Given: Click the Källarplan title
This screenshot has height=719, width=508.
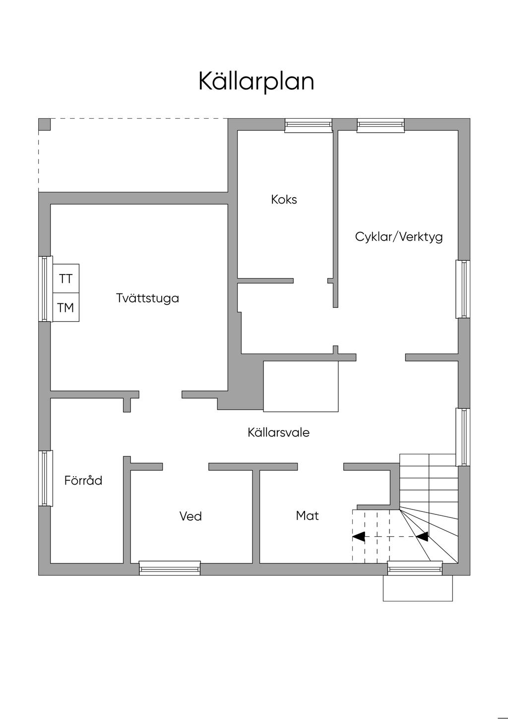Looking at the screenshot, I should [x=256, y=81].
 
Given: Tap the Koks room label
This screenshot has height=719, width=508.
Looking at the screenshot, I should [x=284, y=200].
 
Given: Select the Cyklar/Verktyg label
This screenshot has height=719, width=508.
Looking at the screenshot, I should [x=399, y=236].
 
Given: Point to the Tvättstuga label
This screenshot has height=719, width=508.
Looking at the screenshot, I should [x=147, y=298].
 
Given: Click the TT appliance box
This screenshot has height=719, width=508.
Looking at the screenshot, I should [x=66, y=279].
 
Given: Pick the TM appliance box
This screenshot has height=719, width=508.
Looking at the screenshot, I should [x=66, y=308].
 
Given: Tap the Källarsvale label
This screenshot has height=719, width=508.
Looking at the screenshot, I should [x=278, y=432].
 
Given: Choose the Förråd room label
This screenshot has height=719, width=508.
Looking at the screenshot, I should [x=83, y=481].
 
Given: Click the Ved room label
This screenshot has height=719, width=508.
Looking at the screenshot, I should [x=190, y=516].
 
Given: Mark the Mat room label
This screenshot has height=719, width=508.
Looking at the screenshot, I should [x=307, y=516].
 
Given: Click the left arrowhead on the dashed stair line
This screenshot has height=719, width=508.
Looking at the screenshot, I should [x=358, y=536].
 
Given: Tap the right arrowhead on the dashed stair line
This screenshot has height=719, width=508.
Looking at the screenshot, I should [x=423, y=536].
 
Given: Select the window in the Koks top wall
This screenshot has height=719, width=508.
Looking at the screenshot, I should [x=308, y=126].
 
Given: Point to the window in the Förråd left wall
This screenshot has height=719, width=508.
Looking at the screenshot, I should [x=46, y=478].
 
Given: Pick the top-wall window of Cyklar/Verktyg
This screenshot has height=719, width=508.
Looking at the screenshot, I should [x=381, y=126].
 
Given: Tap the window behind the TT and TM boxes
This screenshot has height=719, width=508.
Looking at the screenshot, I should [x=46, y=288].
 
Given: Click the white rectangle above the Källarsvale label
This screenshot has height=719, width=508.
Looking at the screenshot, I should [x=301, y=386].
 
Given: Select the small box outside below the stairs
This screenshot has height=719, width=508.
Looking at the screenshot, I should [x=418, y=588].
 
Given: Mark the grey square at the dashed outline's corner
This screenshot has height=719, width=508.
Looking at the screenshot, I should [x=45, y=124].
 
